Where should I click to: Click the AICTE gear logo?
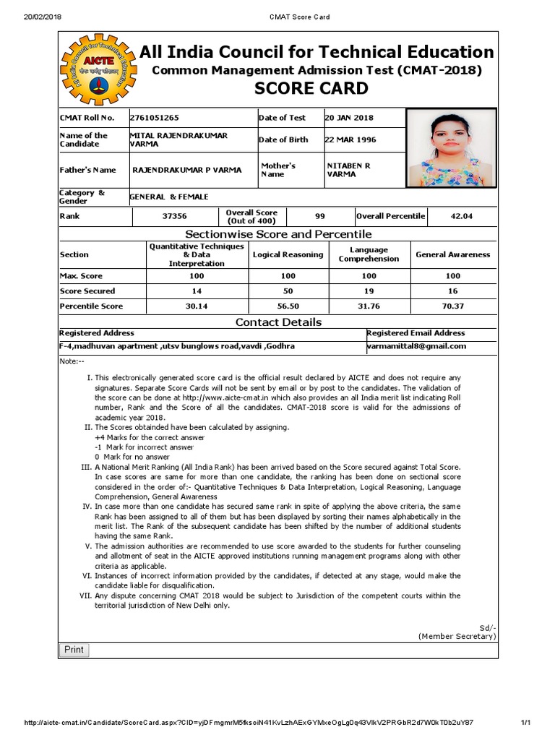(x=96, y=70)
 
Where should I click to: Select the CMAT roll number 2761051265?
(x=154, y=118)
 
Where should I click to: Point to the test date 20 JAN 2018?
(x=349, y=118)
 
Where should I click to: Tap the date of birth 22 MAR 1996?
(x=350, y=139)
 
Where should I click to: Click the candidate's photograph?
(x=451, y=148)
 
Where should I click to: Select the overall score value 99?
(x=320, y=216)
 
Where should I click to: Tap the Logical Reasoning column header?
(x=288, y=254)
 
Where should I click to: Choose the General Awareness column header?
(x=452, y=254)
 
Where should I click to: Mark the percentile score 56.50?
(x=288, y=306)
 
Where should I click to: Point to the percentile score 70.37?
(x=452, y=306)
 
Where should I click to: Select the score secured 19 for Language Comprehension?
(x=369, y=291)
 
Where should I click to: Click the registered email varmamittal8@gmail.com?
(x=416, y=346)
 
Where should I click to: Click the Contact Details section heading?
(x=278, y=322)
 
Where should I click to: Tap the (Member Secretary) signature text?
(x=457, y=636)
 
